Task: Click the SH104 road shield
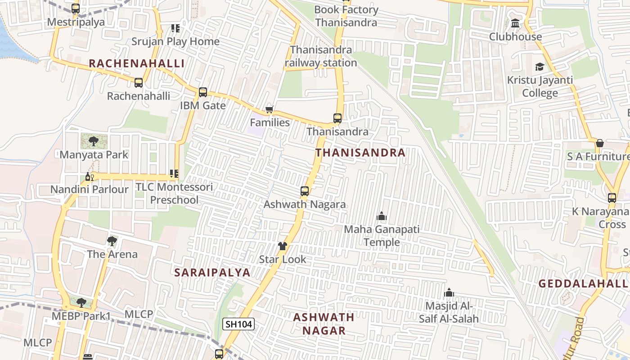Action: [x=238, y=324]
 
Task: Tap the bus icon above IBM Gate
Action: [x=203, y=92]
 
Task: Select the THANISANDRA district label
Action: [x=360, y=153]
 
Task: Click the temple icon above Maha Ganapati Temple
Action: [x=382, y=216]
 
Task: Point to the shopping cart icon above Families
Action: [x=270, y=109]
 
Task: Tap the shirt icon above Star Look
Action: [x=282, y=246]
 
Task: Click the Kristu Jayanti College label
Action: [x=540, y=86]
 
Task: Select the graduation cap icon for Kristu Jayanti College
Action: [x=539, y=67]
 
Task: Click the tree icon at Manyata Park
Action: [x=94, y=141]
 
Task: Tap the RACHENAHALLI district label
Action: [x=136, y=63]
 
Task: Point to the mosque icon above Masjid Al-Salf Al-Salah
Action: [x=449, y=293]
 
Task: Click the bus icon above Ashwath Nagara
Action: [x=305, y=191]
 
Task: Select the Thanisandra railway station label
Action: [x=321, y=56]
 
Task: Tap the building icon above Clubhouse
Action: [x=515, y=23]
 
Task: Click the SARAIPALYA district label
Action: [x=212, y=272]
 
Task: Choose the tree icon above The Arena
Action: [x=112, y=241]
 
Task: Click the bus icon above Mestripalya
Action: [x=76, y=9]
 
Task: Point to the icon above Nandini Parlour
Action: [x=89, y=176]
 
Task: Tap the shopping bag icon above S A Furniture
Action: [x=599, y=144]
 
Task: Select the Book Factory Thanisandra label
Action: [x=346, y=16]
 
